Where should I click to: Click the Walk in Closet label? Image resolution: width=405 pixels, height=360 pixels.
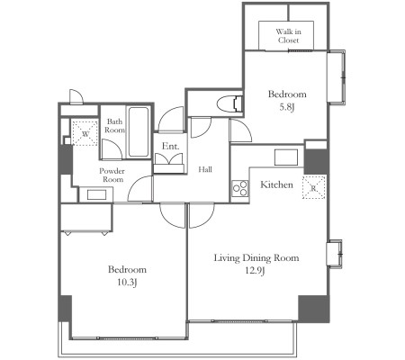pyautogui.click(x=288, y=36)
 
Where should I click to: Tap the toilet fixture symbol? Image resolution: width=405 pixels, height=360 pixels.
pyautogui.click(x=229, y=103)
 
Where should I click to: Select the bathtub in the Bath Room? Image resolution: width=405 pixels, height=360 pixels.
pyautogui.click(x=139, y=131)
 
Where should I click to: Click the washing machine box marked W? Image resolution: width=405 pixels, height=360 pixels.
pyautogui.click(x=85, y=133)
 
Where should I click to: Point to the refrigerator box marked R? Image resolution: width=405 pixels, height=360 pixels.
pyautogui.click(x=313, y=188)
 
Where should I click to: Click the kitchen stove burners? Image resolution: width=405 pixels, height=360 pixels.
pyautogui.click(x=240, y=188)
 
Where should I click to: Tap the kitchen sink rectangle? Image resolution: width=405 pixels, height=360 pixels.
pyautogui.click(x=286, y=157)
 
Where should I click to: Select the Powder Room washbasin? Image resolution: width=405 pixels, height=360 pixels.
pyautogui.click(x=96, y=194)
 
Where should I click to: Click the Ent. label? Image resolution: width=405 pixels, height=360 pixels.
pyautogui.click(x=170, y=146)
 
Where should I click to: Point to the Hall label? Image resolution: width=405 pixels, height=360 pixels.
pyautogui.click(x=205, y=169)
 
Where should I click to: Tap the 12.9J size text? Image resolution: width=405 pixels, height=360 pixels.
pyautogui.click(x=256, y=271)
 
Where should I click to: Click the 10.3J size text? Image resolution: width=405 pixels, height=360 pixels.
pyautogui.click(x=127, y=283)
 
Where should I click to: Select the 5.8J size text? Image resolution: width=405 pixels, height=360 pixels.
pyautogui.click(x=286, y=107)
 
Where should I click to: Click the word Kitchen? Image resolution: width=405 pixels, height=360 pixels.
pyautogui.click(x=276, y=184)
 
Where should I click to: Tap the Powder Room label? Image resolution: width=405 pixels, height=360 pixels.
pyautogui.click(x=112, y=175)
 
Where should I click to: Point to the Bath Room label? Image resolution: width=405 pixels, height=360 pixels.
pyautogui.click(x=114, y=126)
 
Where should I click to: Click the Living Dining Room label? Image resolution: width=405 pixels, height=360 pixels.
pyautogui.click(x=256, y=257)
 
